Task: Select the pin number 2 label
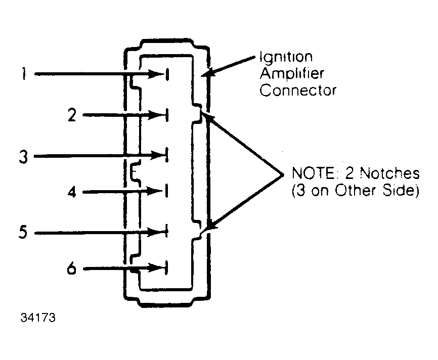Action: [72, 116]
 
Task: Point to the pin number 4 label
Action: [72, 193]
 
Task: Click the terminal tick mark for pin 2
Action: [166, 115]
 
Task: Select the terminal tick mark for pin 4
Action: [166, 191]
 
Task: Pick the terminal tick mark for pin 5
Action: [166, 232]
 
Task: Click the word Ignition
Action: [286, 57]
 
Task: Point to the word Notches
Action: [389, 174]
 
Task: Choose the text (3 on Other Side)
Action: [355, 192]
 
